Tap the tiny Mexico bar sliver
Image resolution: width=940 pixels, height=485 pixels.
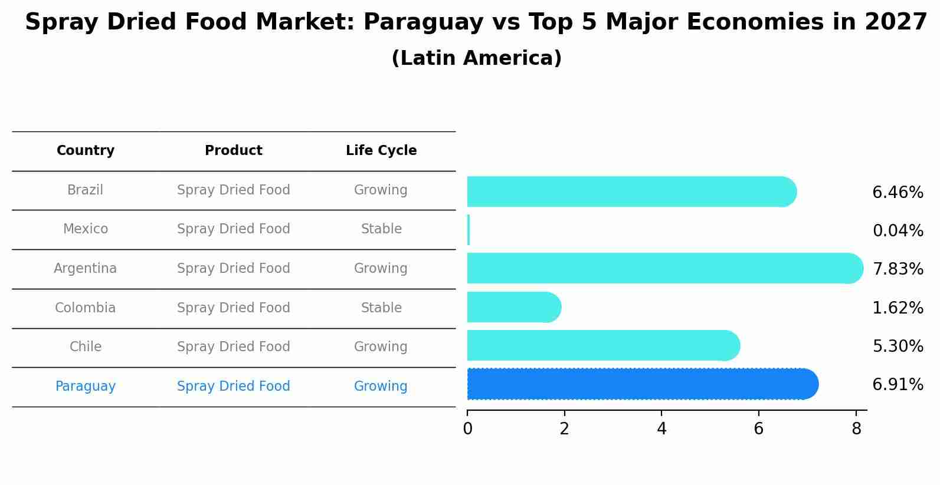click(x=469, y=230)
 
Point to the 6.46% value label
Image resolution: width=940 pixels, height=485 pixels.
click(x=897, y=193)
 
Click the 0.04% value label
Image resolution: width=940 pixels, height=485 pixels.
click(x=897, y=231)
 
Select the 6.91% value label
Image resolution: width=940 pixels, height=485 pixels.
click(x=897, y=385)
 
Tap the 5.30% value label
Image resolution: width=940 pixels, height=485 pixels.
click(x=897, y=347)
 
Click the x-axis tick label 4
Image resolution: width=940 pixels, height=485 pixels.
click(x=661, y=429)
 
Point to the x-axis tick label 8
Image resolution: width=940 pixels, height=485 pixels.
click(x=856, y=429)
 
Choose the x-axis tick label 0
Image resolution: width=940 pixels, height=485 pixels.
click(x=467, y=429)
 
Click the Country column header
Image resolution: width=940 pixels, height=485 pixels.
click(x=86, y=151)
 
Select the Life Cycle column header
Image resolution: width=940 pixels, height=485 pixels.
click(x=381, y=151)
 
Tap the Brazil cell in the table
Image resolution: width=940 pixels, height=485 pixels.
click(x=85, y=190)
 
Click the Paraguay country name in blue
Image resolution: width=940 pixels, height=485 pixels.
click(x=86, y=387)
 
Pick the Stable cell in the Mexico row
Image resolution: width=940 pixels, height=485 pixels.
click(x=381, y=229)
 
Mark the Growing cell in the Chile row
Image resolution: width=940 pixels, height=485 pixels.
click(x=381, y=347)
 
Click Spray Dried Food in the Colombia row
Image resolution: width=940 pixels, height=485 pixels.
click(x=234, y=308)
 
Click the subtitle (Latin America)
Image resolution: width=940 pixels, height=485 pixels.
click(x=476, y=58)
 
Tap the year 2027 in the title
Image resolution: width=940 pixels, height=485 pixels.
click(x=896, y=22)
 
